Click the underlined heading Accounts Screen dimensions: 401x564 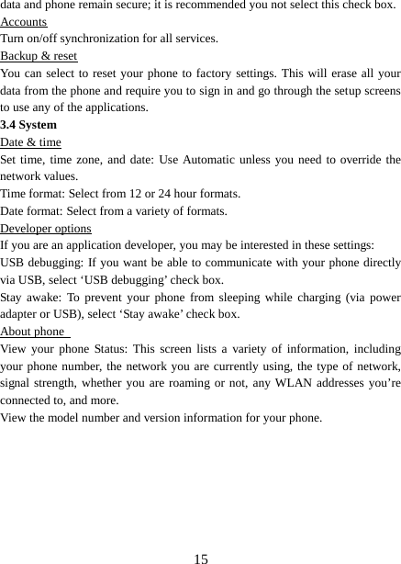24,22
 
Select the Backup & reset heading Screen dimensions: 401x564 39,56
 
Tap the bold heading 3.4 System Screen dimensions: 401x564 28,124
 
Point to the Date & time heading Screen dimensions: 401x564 31,141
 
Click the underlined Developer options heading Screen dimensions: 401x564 46,228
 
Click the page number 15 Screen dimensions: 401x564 201,558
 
